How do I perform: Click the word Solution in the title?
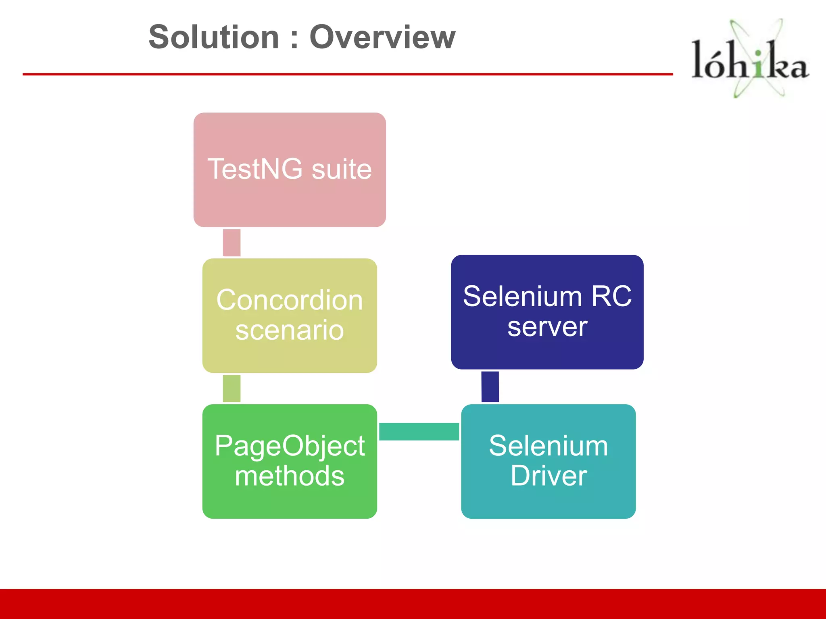214,37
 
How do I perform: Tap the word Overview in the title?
382,37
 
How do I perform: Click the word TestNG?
255,169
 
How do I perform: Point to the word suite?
342,170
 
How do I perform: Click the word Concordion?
290,300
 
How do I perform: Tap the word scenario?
290,330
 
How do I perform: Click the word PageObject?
290,446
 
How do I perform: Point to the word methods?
290,476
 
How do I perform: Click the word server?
547,327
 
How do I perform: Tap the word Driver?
549,476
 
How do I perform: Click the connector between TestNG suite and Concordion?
232,243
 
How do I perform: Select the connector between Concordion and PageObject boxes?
232,388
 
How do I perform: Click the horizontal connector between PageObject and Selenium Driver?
419,432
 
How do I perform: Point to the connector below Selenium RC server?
490,386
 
